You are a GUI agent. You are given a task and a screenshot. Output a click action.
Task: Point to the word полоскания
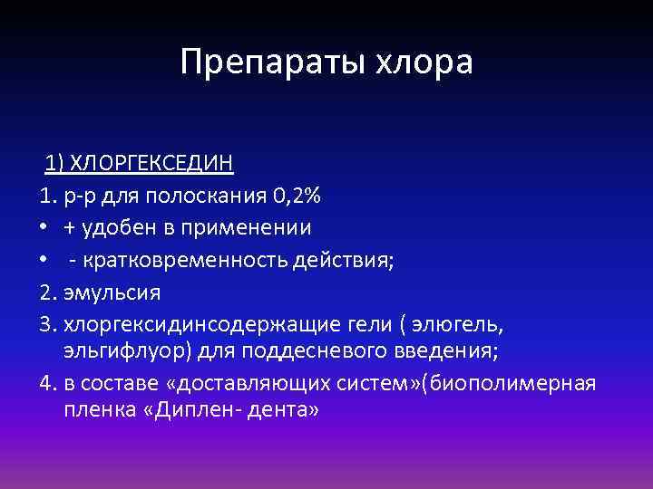click(214, 195)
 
